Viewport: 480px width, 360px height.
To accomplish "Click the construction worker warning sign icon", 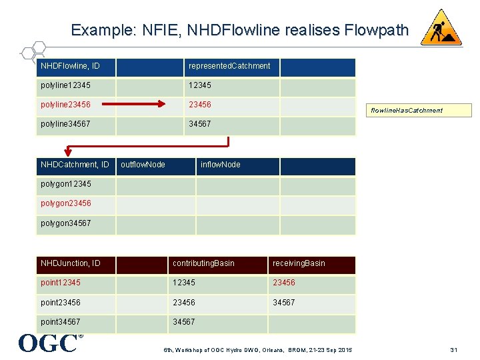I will tap(441, 28).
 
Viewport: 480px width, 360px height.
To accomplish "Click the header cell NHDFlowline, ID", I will tap(76, 67).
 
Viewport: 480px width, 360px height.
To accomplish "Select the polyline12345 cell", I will tap(76, 86).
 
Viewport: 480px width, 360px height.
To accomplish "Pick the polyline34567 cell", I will tap(76, 124).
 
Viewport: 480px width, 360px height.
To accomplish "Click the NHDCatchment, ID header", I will tap(76, 165).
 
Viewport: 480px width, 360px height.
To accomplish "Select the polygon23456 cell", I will tap(76, 203).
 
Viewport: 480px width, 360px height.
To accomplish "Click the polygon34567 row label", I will tap(76, 223).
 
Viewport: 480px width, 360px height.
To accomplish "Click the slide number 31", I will tap(455, 350).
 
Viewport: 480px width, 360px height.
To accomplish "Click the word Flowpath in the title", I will tap(376, 30).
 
